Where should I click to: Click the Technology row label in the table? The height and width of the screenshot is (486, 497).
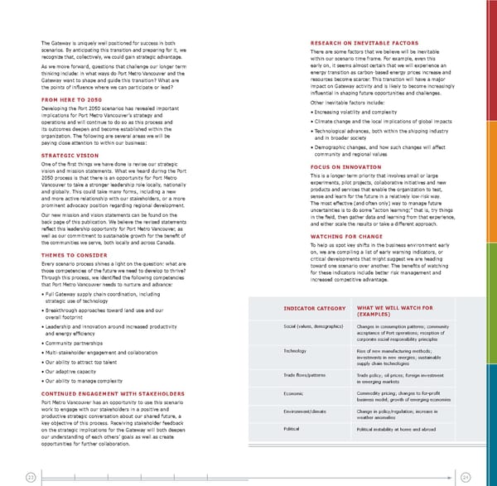pos(295,351)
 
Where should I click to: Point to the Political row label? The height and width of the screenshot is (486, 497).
pos(292,430)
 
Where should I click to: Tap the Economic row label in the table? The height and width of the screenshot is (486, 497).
pos(294,393)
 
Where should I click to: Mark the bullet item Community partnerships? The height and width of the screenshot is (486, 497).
pos(75,342)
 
